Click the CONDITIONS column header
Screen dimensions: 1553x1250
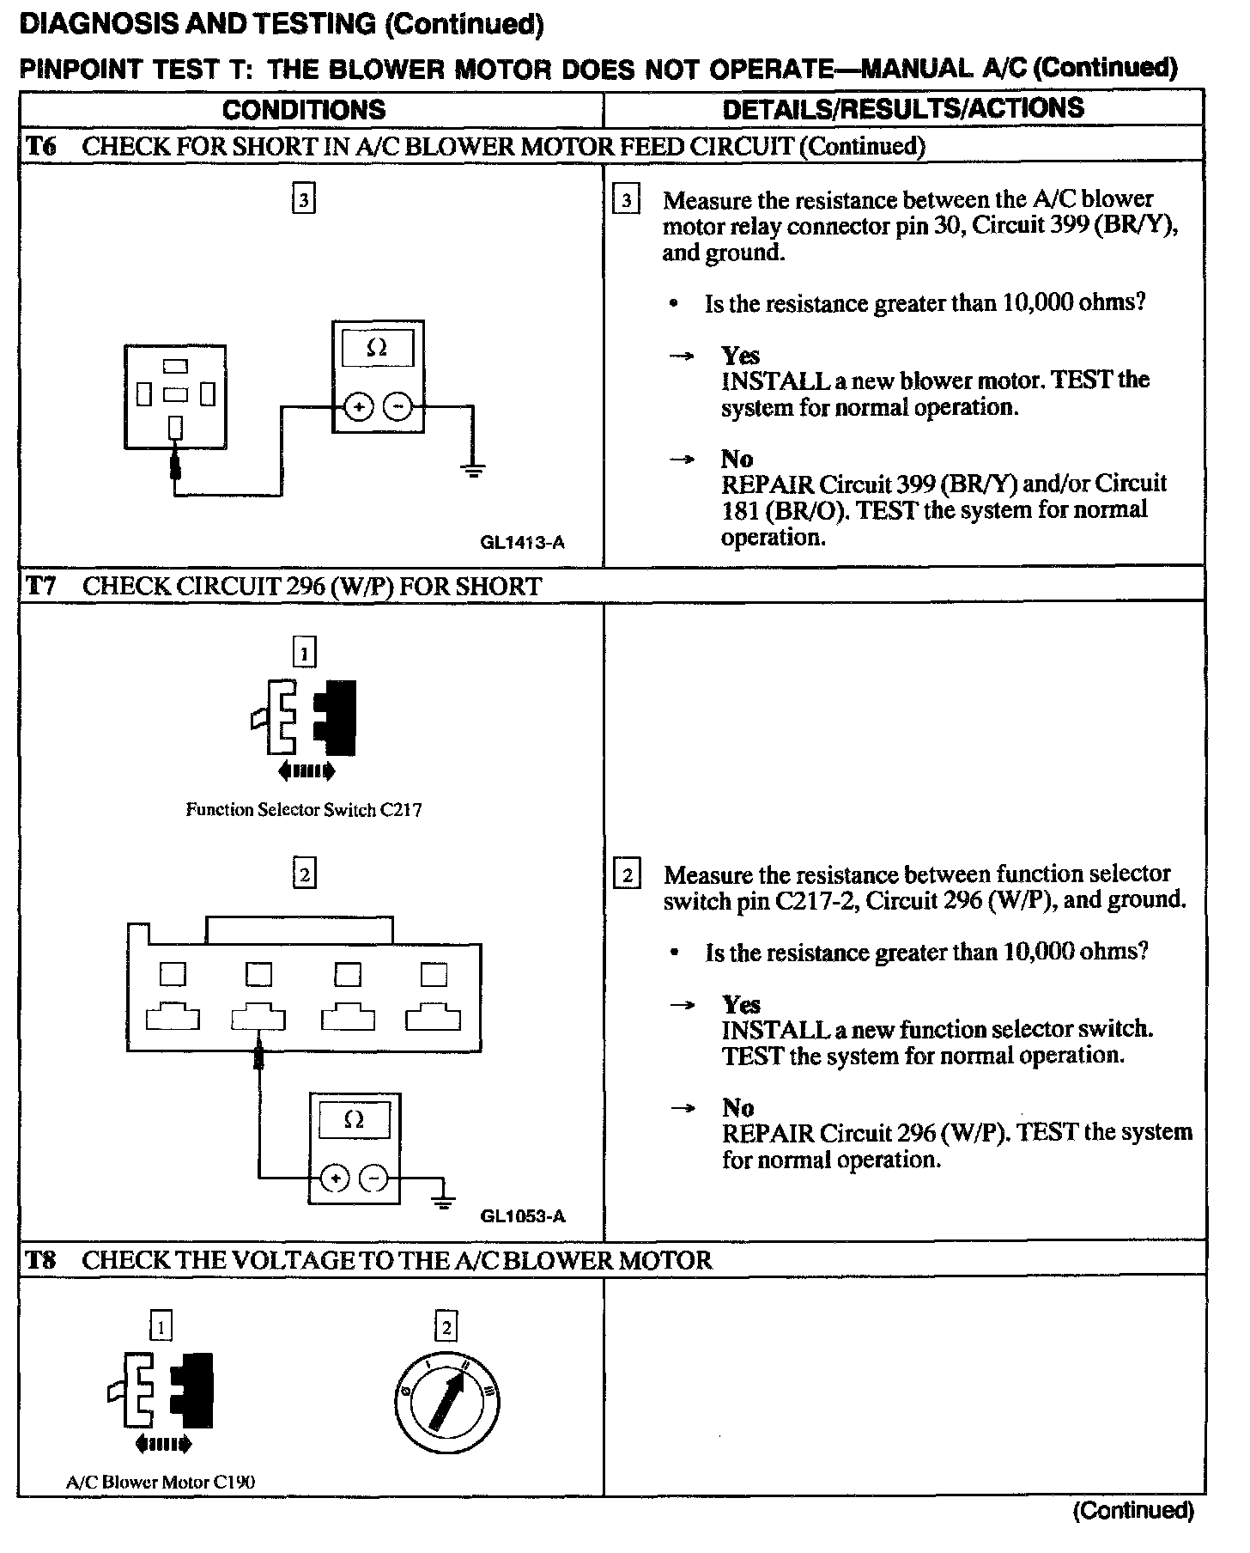(304, 110)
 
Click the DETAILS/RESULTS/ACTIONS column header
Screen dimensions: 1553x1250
(903, 109)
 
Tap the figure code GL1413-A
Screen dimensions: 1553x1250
(523, 543)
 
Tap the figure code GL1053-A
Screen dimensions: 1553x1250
(523, 1215)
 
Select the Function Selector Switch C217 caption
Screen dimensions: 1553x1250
(304, 809)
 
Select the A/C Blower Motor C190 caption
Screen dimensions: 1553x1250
(161, 1482)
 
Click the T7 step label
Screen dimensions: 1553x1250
(40, 586)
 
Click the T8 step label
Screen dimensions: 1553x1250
(40, 1260)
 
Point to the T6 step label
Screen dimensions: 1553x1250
(40, 146)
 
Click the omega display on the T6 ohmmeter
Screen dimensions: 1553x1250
(377, 348)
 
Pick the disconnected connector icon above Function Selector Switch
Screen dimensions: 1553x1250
(304, 720)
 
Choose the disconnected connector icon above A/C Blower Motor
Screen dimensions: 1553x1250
(161, 1393)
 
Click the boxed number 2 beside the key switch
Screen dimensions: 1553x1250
(446, 1327)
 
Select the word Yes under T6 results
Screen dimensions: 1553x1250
(740, 356)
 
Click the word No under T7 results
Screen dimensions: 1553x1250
(737, 1107)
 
